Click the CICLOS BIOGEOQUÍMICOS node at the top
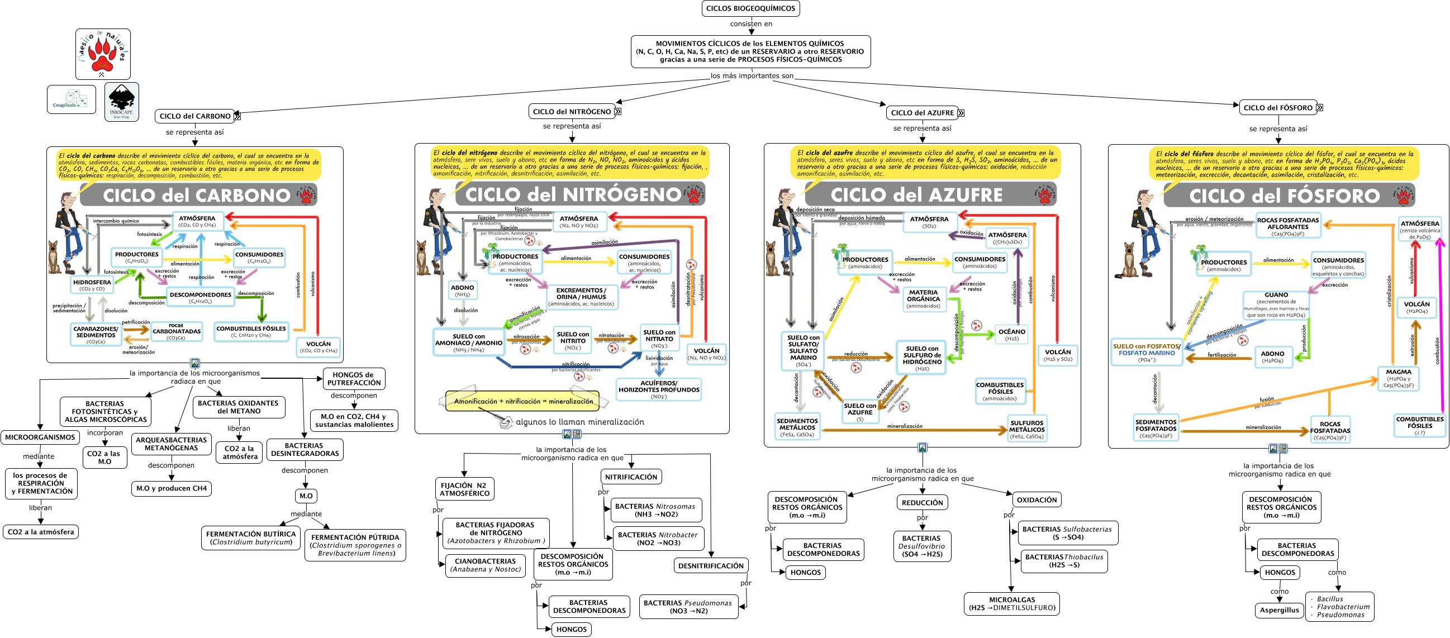coord(750,8)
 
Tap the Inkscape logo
coord(122,102)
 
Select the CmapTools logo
coord(71,99)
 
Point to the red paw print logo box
coord(103,54)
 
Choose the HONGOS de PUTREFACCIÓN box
coord(354,379)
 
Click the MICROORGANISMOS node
coord(40,437)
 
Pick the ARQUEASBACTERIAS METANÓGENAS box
coord(171,444)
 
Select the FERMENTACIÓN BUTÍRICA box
coord(251,538)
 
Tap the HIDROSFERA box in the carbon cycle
coord(92,285)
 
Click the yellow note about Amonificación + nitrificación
coord(523,401)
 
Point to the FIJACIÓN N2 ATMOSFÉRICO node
coord(464,489)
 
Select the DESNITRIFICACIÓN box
coord(711,565)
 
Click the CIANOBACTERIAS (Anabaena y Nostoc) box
coord(485,565)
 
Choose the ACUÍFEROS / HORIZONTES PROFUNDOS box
coord(659,389)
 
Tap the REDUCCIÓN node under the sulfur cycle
coord(922,502)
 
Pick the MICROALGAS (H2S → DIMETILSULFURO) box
coord(1011,604)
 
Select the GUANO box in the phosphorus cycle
coord(1276,305)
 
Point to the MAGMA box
coord(1398,378)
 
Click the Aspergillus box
coord(1280,610)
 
